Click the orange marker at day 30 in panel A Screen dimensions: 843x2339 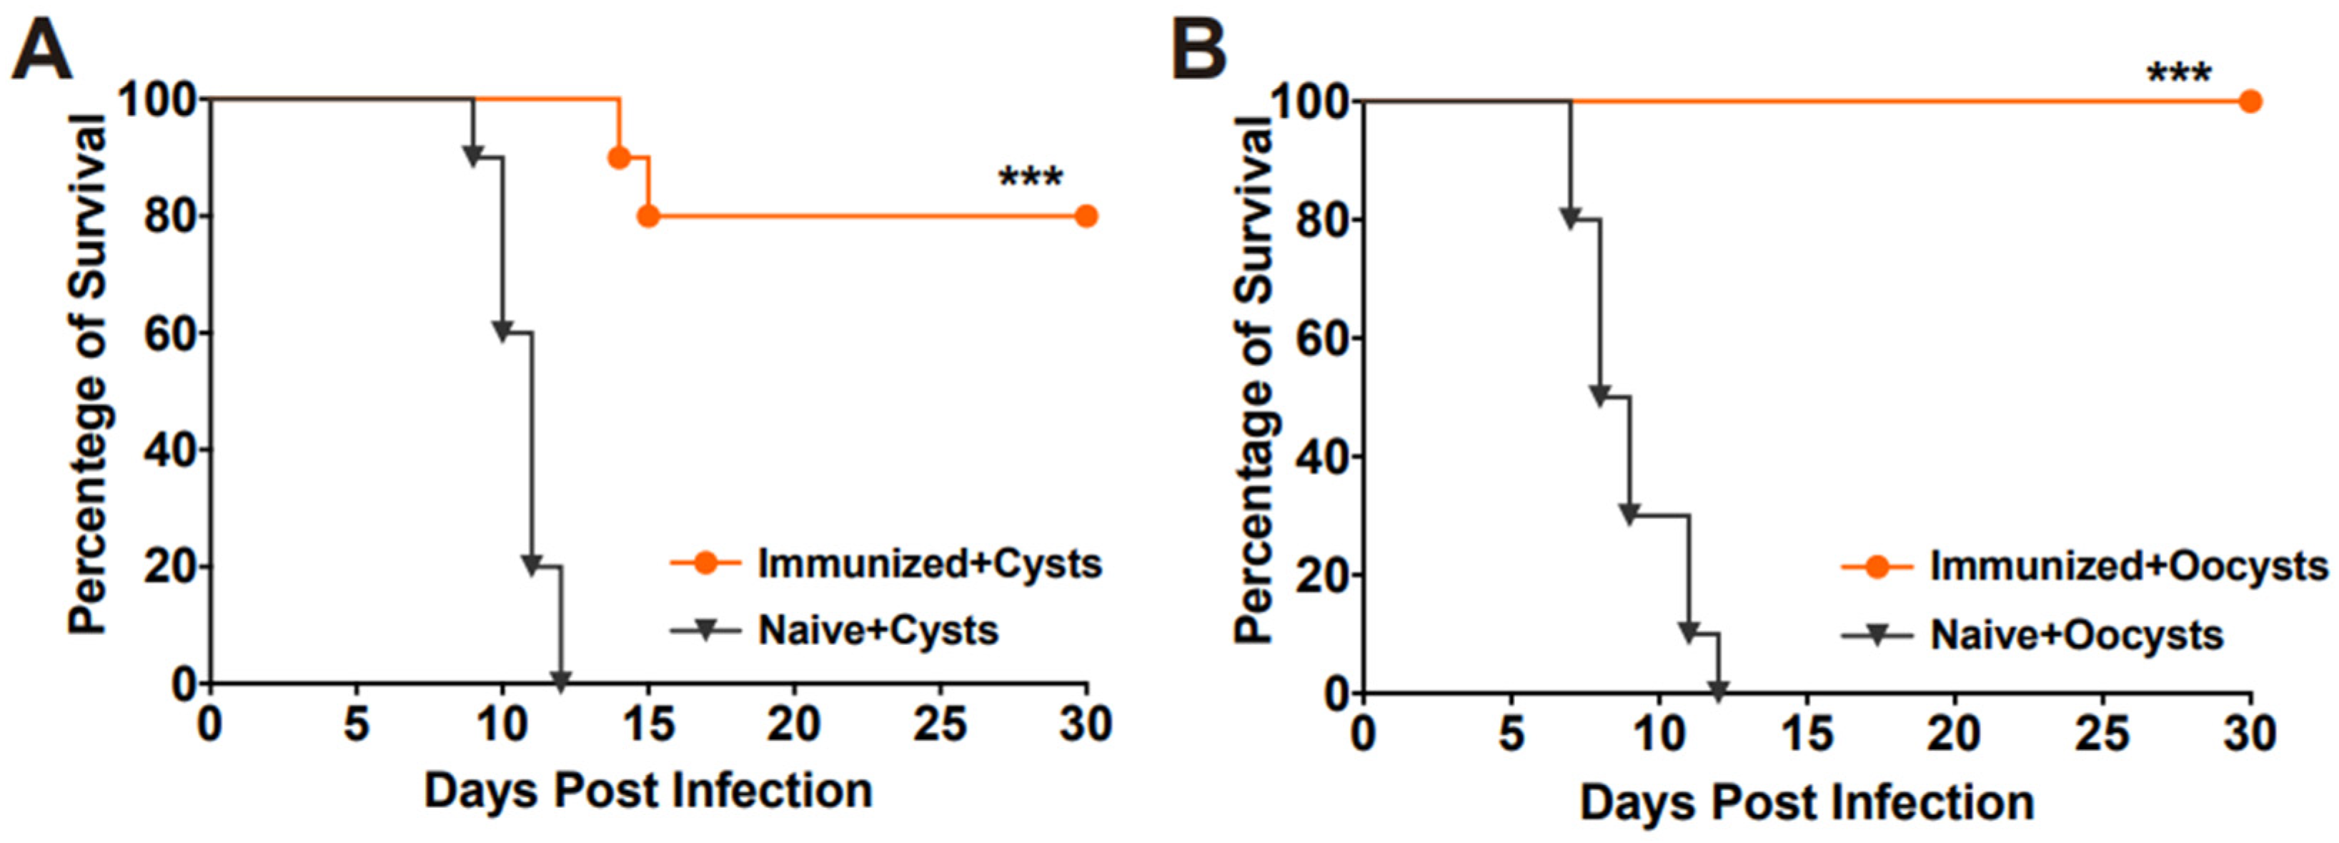(1086, 216)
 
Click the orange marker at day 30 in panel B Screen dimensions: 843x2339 (2249, 101)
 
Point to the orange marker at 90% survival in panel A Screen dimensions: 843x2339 (618, 158)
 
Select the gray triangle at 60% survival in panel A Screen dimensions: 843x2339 (502, 330)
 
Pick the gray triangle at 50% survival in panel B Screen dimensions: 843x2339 (1600, 395)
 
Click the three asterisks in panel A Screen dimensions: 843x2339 (1031, 178)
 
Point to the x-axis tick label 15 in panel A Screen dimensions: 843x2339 (648, 725)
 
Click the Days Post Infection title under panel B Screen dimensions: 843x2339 (1806, 803)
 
